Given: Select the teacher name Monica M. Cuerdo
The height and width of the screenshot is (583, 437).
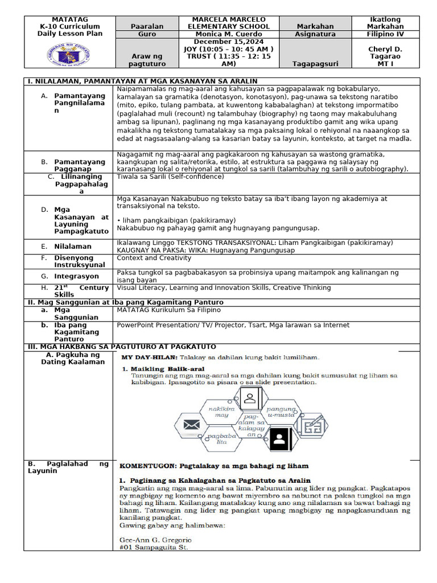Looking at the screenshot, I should point(229,34).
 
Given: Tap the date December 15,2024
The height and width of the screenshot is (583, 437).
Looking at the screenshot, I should point(228,42).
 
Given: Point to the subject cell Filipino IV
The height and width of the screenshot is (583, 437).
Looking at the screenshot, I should point(385,34).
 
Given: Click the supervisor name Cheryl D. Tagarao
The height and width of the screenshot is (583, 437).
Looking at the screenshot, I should point(385,52).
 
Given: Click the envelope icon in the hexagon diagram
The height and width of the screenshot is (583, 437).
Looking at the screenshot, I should point(191,424).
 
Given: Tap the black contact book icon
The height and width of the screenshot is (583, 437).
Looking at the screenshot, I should point(279,440).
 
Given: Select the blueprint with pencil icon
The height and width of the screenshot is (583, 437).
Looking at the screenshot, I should point(314,425).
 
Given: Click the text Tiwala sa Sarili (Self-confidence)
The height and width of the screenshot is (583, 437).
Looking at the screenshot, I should point(170,176).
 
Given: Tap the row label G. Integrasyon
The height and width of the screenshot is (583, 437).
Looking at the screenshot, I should point(69,276).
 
